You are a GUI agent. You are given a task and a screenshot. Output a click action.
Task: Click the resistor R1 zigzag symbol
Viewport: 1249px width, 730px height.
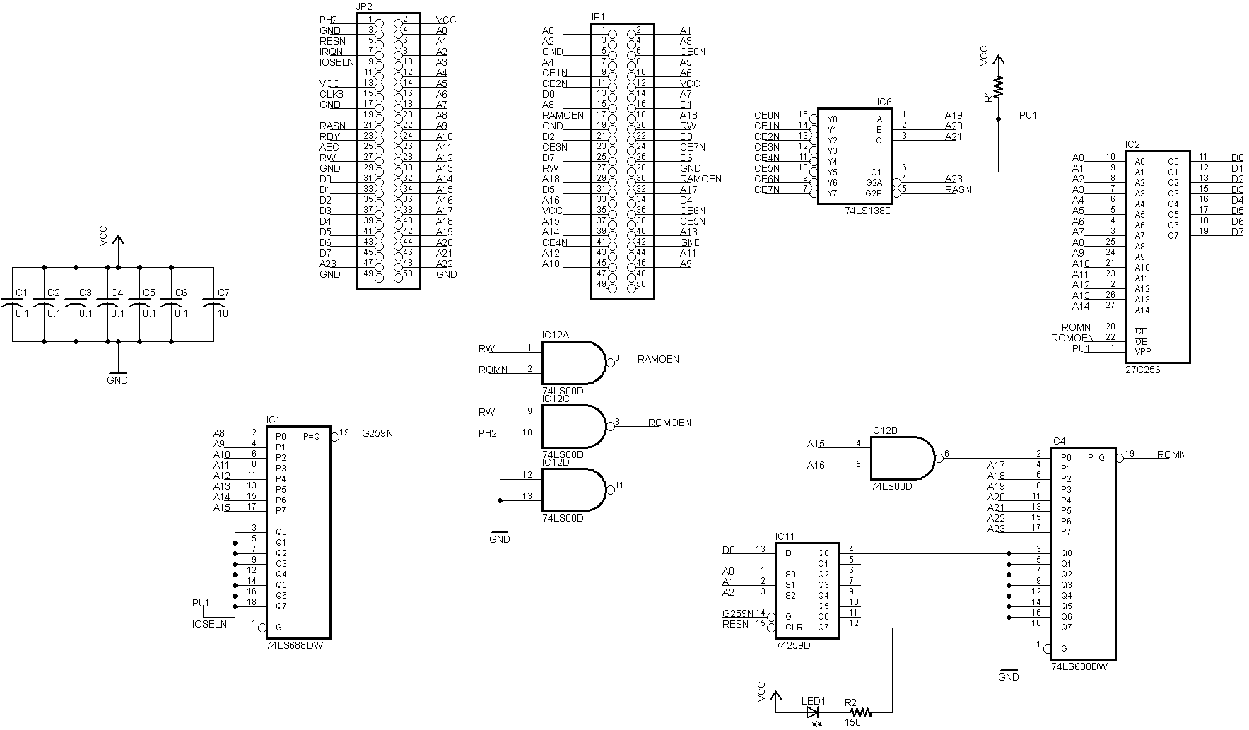pos(998,87)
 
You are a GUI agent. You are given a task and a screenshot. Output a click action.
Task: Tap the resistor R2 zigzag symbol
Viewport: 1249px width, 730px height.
pos(863,712)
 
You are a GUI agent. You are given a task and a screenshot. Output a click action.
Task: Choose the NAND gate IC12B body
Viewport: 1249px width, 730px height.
pos(901,458)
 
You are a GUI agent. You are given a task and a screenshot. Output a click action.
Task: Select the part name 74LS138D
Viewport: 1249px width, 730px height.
pos(868,211)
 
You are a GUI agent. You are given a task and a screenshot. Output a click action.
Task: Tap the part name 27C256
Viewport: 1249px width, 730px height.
pos(1142,370)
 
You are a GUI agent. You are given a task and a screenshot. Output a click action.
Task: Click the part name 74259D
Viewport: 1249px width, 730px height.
pos(792,645)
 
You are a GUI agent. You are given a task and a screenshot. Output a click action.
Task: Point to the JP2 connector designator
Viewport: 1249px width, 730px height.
pos(365,6)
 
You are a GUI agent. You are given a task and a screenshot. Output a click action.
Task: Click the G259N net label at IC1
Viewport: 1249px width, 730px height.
pos(377,433)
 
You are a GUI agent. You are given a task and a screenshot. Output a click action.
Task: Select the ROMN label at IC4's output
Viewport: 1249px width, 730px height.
pos(1171,454)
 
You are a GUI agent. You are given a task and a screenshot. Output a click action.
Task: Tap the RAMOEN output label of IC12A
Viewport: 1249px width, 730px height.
pos(657,359)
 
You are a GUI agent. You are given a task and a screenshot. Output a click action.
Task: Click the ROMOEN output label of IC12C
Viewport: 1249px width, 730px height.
pos(669,423)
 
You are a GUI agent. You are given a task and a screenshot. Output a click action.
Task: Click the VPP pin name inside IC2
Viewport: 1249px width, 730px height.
pos(1143,351)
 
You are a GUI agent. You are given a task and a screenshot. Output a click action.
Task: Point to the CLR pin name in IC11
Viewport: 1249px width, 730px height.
pos(794,627)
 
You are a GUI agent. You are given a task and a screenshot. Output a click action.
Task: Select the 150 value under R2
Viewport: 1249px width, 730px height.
pos(852,723)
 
